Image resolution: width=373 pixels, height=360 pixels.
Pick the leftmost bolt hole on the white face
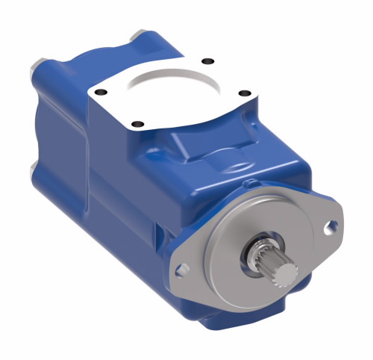coord(103,93)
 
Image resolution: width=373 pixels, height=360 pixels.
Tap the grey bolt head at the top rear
coord(138,35)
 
